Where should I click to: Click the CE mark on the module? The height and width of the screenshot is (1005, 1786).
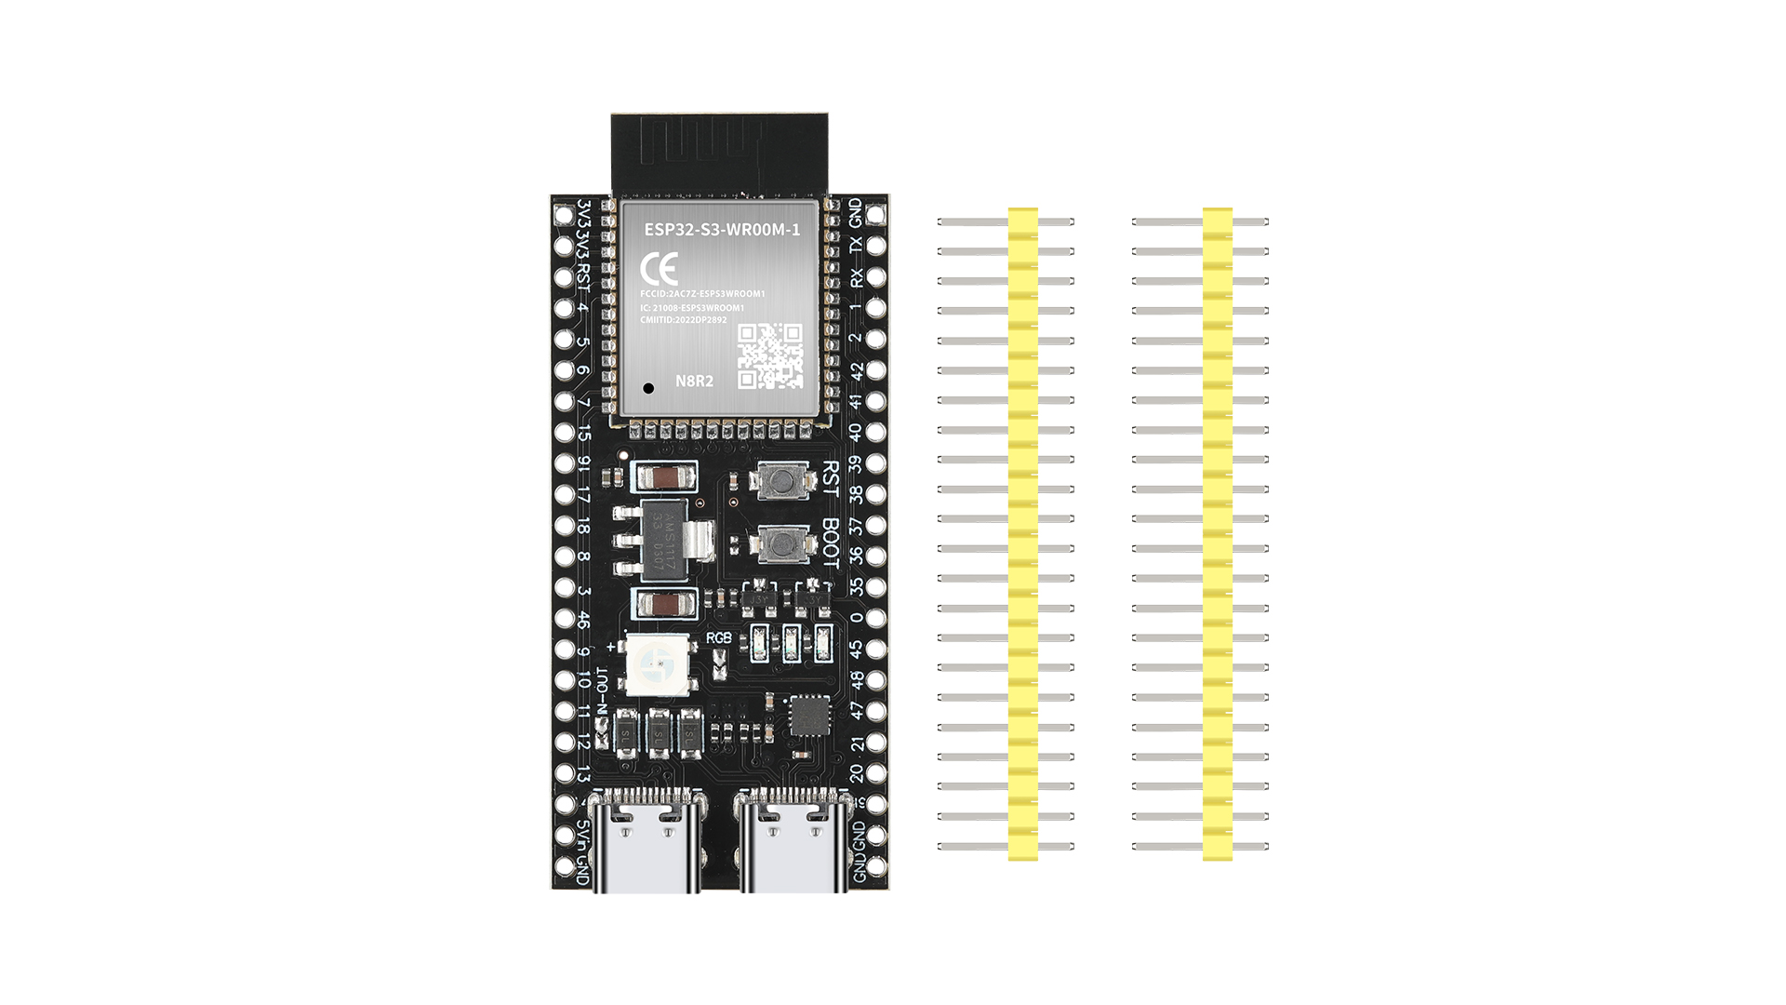tap(659, 270)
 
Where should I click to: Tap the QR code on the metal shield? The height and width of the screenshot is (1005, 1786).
tap(770, 355)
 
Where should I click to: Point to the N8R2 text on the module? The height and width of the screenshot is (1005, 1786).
tap(694, 381)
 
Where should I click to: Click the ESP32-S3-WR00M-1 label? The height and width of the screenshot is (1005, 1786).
tap(722, 229)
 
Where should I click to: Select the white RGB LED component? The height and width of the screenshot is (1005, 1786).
tap(657, 664)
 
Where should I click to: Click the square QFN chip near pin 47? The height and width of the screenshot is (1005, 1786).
tap(809, 716)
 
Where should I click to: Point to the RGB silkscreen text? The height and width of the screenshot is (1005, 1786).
tap(719, 637)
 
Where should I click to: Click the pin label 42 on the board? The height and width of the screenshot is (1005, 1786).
tap(856, 370)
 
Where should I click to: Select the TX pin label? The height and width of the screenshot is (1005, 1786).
tap(856, 246)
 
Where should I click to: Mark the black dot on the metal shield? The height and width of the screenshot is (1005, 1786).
tap(648, 388)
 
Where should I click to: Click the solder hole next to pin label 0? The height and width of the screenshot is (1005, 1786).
tap(875, 618)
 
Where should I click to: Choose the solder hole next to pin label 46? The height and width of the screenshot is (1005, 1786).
tap(564, 618)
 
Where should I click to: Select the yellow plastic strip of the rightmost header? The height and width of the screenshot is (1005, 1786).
tap(1217, 533)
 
